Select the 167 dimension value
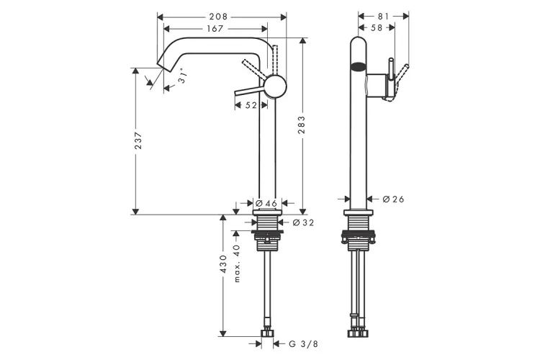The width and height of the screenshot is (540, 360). tap(214, 29)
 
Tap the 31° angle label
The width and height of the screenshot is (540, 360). tap(185, 78)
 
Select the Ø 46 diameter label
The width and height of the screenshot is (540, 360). tap(266, 204)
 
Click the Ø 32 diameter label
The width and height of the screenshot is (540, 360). tap(304, 222)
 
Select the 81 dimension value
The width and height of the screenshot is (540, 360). tap(383, 16)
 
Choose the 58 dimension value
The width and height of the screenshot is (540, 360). tap(376, 29)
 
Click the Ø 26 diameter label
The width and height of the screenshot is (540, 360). tap(393, 199)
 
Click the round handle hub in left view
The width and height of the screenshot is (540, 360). tap(274, 87)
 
